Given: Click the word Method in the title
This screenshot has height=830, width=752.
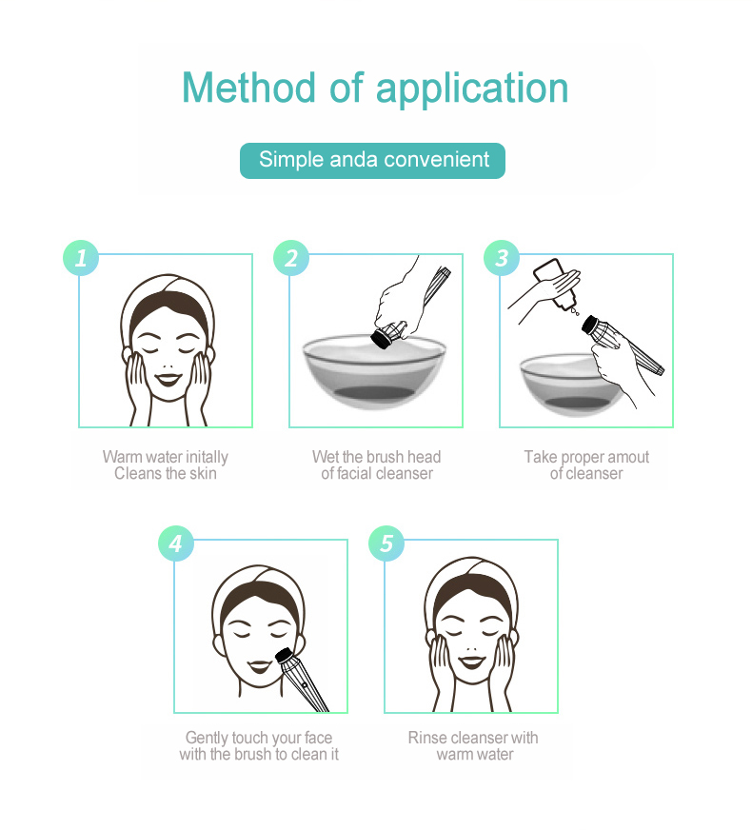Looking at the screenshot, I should (x=249, y=88).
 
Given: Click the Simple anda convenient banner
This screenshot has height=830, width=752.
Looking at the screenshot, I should (x=372, y=160).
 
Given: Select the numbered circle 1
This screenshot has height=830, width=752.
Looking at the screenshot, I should (x=81, y=258).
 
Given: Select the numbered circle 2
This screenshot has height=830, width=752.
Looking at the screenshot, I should (x=291, y=258).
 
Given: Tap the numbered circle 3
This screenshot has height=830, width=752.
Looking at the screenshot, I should (x=502, y=258).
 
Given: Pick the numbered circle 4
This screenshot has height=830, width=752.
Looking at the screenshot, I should (x=175, y=543).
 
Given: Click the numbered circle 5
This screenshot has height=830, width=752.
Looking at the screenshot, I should (x=386, y=543).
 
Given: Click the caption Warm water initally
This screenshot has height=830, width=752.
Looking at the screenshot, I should (x=165, y=457).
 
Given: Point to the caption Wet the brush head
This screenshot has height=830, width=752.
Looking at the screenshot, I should (x=376, y=457).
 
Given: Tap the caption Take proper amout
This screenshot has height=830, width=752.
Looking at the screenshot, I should (x=586, y=457).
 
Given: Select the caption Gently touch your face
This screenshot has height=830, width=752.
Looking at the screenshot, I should (x=259, y=738).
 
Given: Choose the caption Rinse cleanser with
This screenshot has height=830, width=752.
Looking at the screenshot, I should (x=473, y=738).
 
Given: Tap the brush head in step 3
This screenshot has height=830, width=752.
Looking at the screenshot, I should (x=595, y=327).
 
